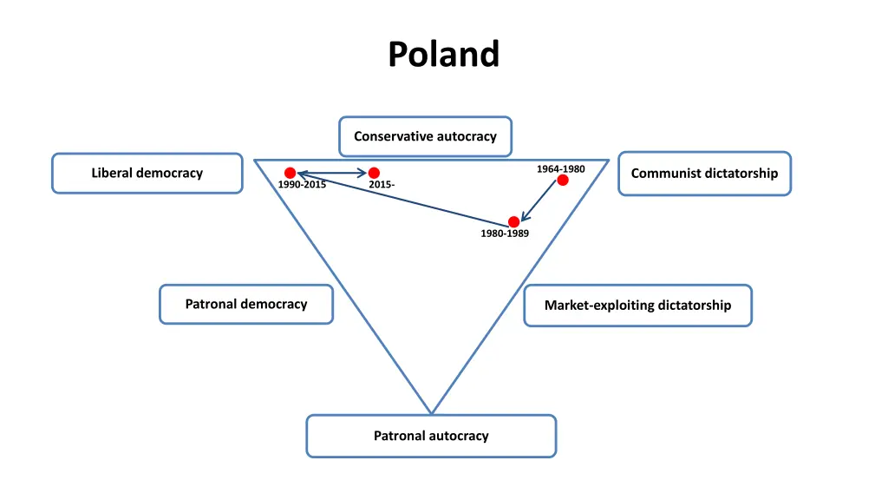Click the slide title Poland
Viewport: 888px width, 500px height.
(x=443, y=54)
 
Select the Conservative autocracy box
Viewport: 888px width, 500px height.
(x=425, y=136)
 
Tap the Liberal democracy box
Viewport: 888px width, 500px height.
(x=147, y=173)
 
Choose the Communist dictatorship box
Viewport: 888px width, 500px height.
(x=704, y=173)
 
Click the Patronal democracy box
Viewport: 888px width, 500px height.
(x=245, y=304)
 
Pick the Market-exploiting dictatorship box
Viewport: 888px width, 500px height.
(x=637, y=305)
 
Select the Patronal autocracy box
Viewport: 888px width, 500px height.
(x=431, y=436)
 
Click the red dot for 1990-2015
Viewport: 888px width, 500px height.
(x=291, y=173)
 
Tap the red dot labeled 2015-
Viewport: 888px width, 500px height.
(x=374, y=173)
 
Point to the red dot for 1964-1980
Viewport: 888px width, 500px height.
(x=563, y=180)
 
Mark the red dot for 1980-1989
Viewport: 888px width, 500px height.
(x=513, y=221)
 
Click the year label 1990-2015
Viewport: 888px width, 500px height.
(x=302, y=185)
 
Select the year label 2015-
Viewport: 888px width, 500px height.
(x=382, y=185)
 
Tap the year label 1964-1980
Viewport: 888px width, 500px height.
(x=560, y=168)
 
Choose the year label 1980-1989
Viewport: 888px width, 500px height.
(x=505, y=234)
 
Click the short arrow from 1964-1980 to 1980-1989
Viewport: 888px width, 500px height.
(x=539, y=201)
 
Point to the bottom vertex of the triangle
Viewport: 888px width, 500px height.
(x=431, y=413)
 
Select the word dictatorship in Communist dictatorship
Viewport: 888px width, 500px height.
(x=741, y=173)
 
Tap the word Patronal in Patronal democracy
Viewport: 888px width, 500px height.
(x=211, y=304)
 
